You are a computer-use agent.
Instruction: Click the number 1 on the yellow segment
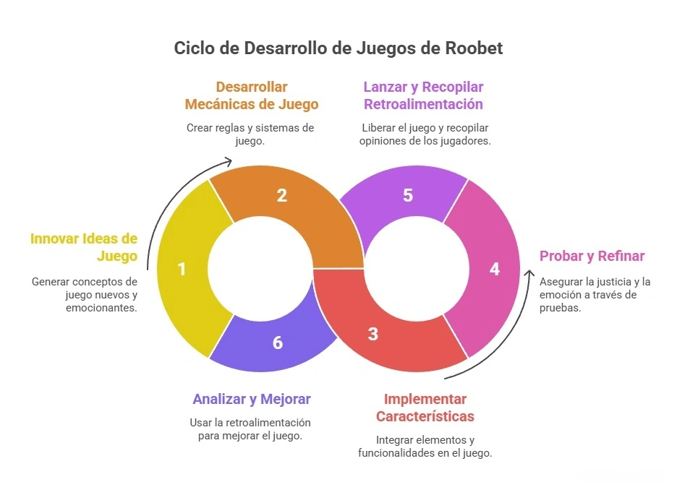tap(182, 269)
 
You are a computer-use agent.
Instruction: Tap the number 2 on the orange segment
tap(282, 194)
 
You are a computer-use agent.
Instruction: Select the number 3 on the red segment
tap(372, 334)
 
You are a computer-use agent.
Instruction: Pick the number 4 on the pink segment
tap(495, 269)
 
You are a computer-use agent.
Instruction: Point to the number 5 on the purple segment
tap(408, 195)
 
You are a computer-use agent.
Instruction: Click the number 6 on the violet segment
tap(278, 342)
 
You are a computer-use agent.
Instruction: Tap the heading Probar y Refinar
tap(592, 256)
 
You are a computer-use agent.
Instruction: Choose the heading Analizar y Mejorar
tap(252, 399)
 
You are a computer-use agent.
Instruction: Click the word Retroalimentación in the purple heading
tap(423, 104)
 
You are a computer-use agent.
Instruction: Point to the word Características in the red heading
tap(425, 416)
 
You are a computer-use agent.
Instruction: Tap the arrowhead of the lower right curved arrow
tap(530, 275)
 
